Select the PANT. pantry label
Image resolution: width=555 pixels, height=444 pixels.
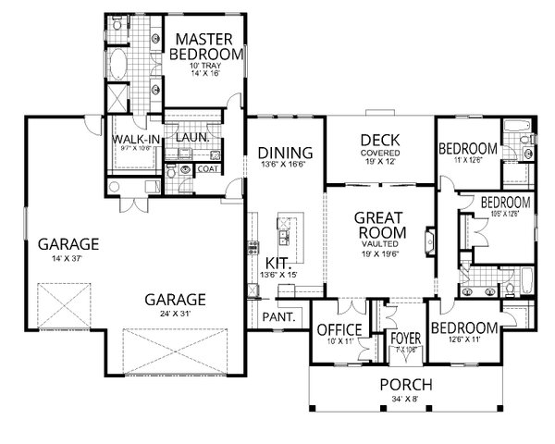278,316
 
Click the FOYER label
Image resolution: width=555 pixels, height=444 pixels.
405,338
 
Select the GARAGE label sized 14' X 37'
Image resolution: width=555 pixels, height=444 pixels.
68,244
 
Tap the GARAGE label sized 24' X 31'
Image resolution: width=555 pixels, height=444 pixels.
175,300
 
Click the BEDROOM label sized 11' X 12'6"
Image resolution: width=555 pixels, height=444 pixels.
467,148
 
